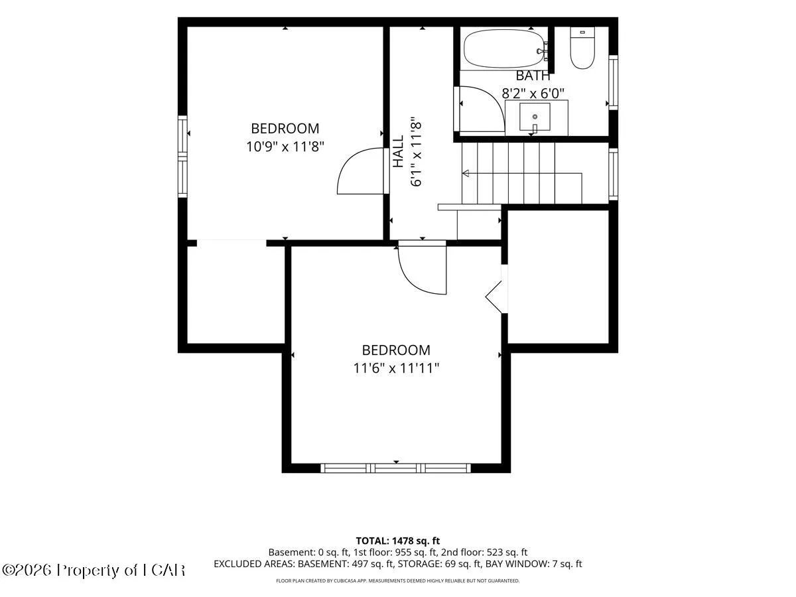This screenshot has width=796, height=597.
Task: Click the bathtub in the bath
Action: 504,48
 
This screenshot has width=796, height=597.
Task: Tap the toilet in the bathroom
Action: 582,48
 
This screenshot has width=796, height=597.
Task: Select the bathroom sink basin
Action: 535,117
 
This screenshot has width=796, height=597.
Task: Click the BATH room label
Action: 533,76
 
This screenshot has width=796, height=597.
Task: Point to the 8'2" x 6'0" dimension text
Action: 533,94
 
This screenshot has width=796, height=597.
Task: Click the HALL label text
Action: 398,151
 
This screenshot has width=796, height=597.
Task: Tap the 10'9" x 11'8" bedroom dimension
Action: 285,147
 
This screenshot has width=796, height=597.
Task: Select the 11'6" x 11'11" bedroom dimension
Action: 396,368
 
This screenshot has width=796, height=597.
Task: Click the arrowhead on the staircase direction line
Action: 466,173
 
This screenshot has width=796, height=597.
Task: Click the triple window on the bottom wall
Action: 395,468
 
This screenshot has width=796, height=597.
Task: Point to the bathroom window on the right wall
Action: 613,82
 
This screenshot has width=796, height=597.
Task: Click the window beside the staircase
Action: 613,174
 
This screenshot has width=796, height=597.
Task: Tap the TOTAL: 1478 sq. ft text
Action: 398,541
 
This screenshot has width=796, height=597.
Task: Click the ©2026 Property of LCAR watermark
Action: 94,570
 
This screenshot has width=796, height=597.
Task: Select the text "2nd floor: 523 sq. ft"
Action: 484,553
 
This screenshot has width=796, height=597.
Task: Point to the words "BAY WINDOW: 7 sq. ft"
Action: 533,564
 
